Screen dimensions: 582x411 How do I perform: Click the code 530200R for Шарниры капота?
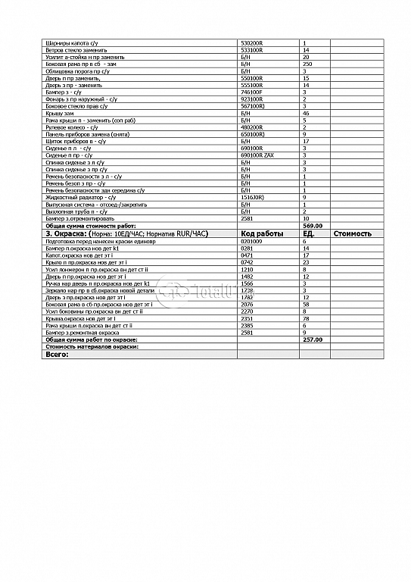[x=251, y=42]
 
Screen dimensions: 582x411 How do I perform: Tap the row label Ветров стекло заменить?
[x=77, y=49]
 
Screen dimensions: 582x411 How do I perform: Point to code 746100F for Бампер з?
[x=251, y=92]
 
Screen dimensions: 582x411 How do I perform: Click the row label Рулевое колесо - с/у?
[x=72, y=127]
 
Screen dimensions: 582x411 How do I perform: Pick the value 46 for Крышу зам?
[x=305, y=113]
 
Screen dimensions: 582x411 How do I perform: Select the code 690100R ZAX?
[x=256, y=155]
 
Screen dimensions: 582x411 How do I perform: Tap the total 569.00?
[x=313, y=225]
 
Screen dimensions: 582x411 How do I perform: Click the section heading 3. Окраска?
[x=71, y=233]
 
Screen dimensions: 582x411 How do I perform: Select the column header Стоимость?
[x=352, y=233]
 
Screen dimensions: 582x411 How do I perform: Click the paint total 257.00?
[x=313, y=339]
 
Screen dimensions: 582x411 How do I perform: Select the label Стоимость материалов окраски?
[x=92, y=346]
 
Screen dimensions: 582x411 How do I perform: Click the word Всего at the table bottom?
[x=57, y=354]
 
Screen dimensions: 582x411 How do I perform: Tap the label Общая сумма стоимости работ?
[x=89, y=225]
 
